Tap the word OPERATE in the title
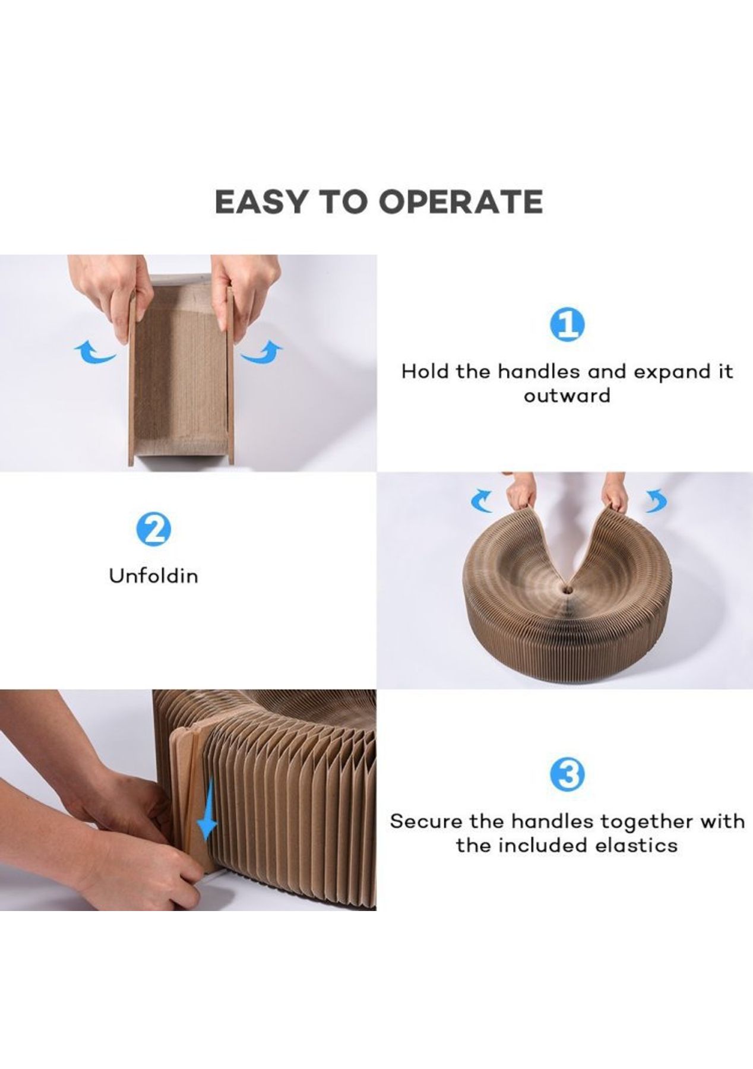click(x=461, y=202)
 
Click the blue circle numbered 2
click(x=154, y=529)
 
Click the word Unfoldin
click(x=153, y=575)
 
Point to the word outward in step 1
click(x=567, y=395)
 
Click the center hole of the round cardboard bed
click(x=565, y=588)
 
